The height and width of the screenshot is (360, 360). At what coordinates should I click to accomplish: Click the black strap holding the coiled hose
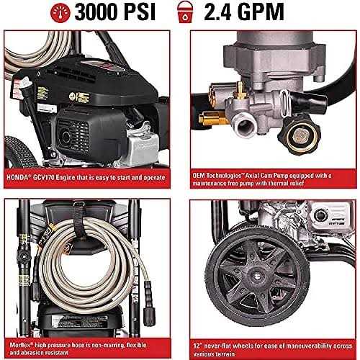(70, 228)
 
